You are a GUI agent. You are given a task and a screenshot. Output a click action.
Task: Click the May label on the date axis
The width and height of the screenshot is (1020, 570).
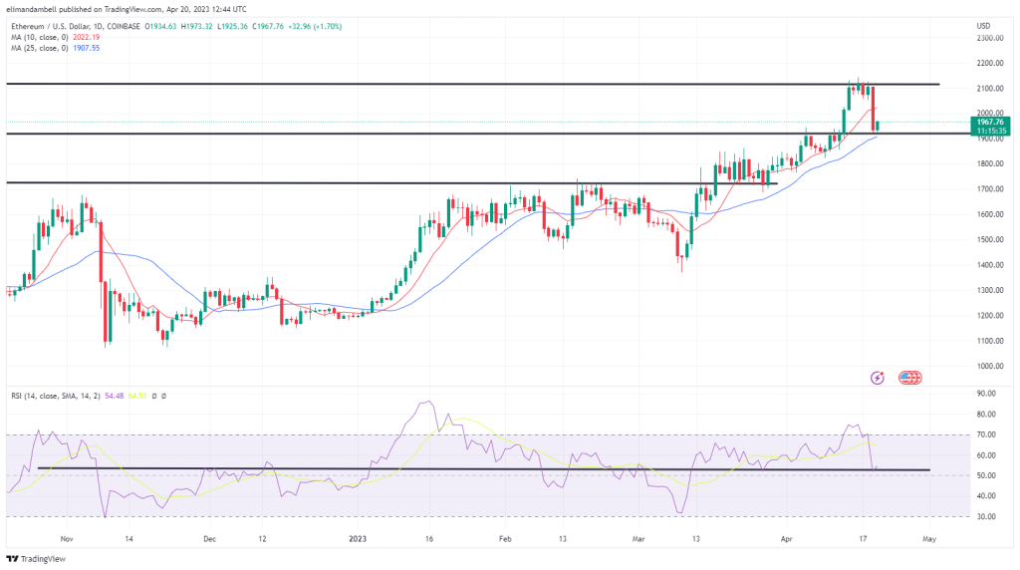pyautogui.click(x=928, y=538)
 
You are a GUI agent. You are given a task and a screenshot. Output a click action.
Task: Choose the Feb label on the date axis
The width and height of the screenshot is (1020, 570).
pyautogui.click(x=505, y=538)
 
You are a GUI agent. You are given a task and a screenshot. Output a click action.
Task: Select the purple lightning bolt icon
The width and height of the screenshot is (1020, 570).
pyautogui.click(x=878, y=378)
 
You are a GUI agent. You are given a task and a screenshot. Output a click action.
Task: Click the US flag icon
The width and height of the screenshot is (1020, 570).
pyautogui.click(x=908, y=378)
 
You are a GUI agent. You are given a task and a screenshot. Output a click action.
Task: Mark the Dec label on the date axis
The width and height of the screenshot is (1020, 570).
pyautogui.click(x=210, y=538)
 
